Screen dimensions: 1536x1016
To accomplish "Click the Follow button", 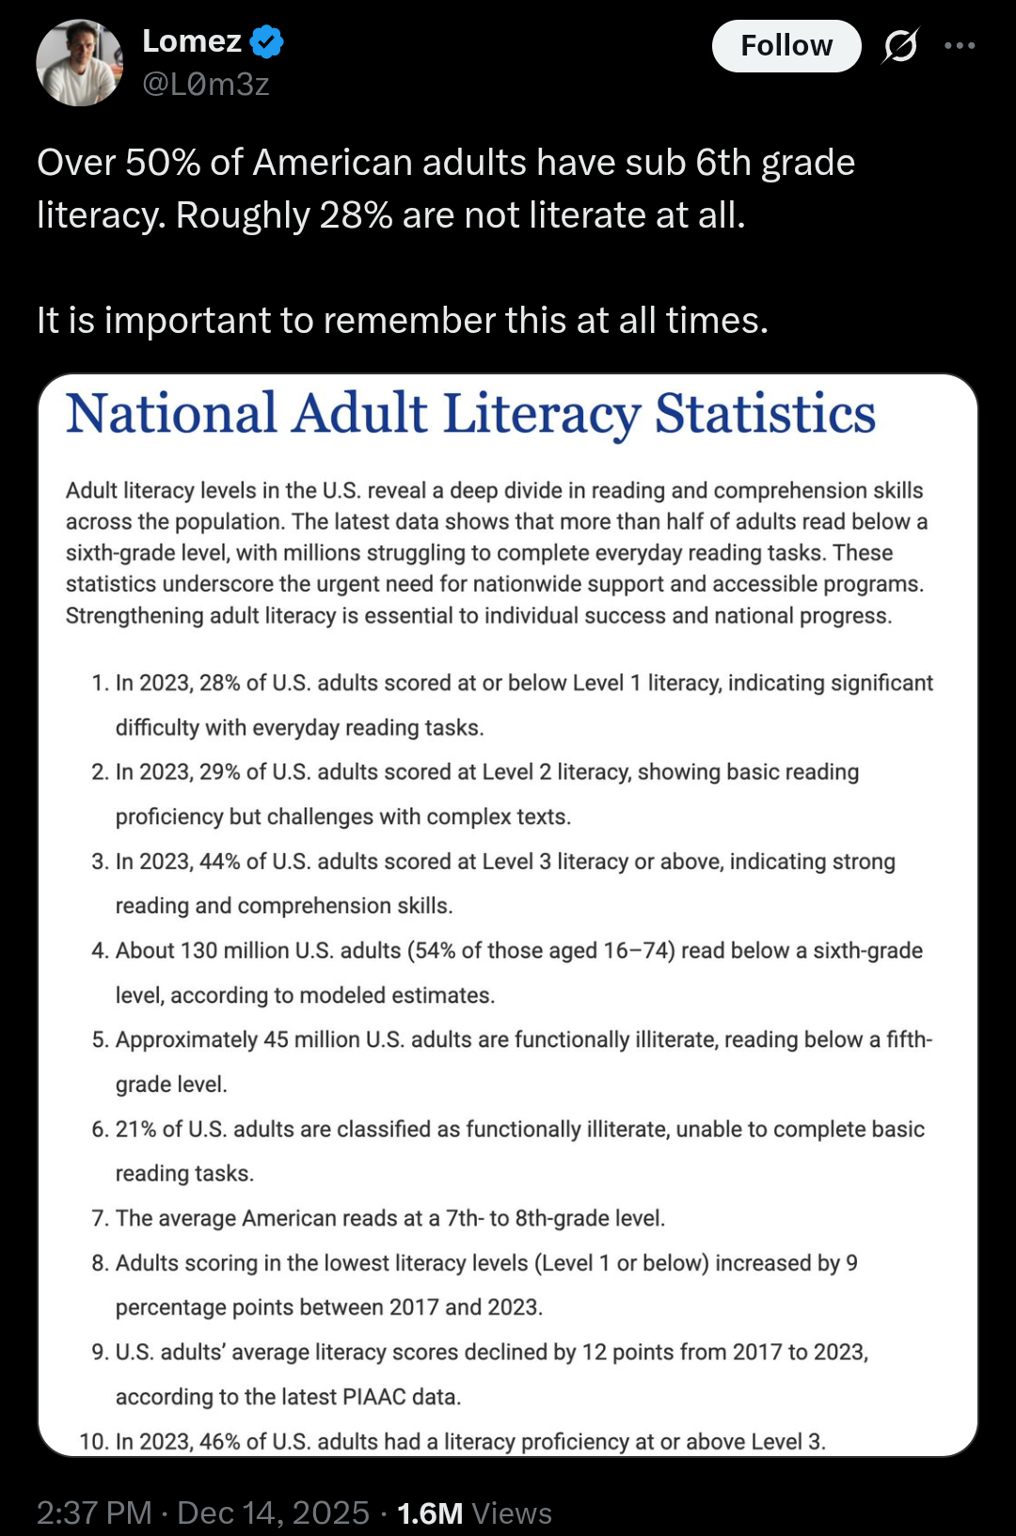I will coord(786,46).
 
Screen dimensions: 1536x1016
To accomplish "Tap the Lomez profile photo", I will coord(80,62).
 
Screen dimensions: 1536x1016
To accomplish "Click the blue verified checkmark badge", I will coord(267,41).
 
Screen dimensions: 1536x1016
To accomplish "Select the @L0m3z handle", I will coord(206,85).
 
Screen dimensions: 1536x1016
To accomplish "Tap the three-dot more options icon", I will coord(960,45).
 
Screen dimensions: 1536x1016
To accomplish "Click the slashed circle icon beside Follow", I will coord(900,45).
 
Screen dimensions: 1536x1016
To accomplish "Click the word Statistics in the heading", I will coord(765,414).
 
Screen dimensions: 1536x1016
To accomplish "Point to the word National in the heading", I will coord(171,414).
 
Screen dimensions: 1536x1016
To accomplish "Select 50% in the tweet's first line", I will coord(162,163).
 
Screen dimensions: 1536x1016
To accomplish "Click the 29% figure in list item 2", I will coord(219,772).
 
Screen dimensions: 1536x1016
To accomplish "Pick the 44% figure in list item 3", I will coord(219,862).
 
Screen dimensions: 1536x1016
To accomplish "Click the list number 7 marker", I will coord(100,1218).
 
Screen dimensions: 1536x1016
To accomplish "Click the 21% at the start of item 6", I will coord(135,1130).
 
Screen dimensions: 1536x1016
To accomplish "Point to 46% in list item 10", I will coord(219,1442).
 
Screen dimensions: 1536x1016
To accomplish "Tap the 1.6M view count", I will coord(430,1513).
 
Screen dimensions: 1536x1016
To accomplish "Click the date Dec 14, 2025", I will coord(273,1513).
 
